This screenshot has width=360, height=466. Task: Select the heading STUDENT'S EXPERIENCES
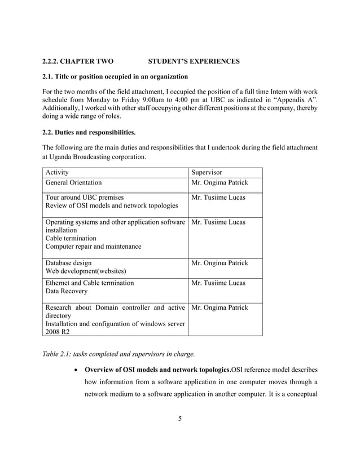194,61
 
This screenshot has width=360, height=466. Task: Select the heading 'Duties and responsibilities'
89,133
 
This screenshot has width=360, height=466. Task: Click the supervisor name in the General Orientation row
219,183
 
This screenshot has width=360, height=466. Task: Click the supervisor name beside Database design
219,263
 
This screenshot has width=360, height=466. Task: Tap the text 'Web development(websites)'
86,272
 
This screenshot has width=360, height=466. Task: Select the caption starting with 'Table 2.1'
118,354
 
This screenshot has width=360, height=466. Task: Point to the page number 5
180,418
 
